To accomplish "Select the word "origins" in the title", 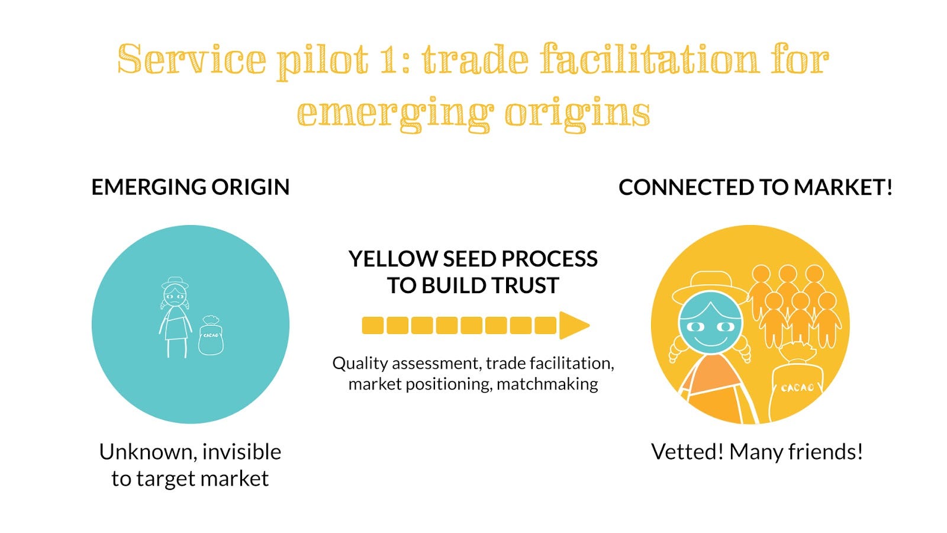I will point(577,113).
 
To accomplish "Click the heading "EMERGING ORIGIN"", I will point(190,187).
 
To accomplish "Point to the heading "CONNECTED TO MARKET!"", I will point(755,188).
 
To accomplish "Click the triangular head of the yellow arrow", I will point(573,325).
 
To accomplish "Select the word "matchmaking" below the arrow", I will point(547,384).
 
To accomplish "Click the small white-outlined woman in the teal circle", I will point(175,317).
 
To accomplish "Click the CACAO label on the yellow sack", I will point(797,388).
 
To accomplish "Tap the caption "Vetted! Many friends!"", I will point(756,452).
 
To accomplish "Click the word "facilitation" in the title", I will point(649,60).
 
